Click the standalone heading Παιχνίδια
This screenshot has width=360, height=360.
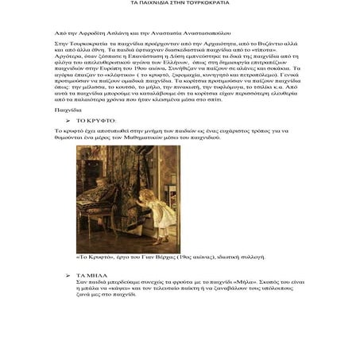[x=68, y=109]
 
